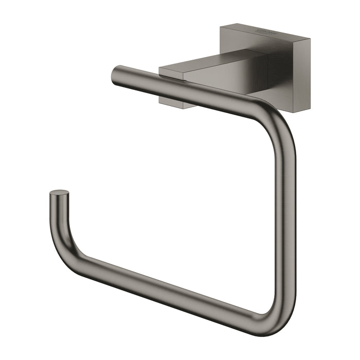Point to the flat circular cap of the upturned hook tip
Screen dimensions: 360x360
coord(59,193)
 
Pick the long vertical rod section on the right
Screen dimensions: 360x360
coord(288,216)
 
